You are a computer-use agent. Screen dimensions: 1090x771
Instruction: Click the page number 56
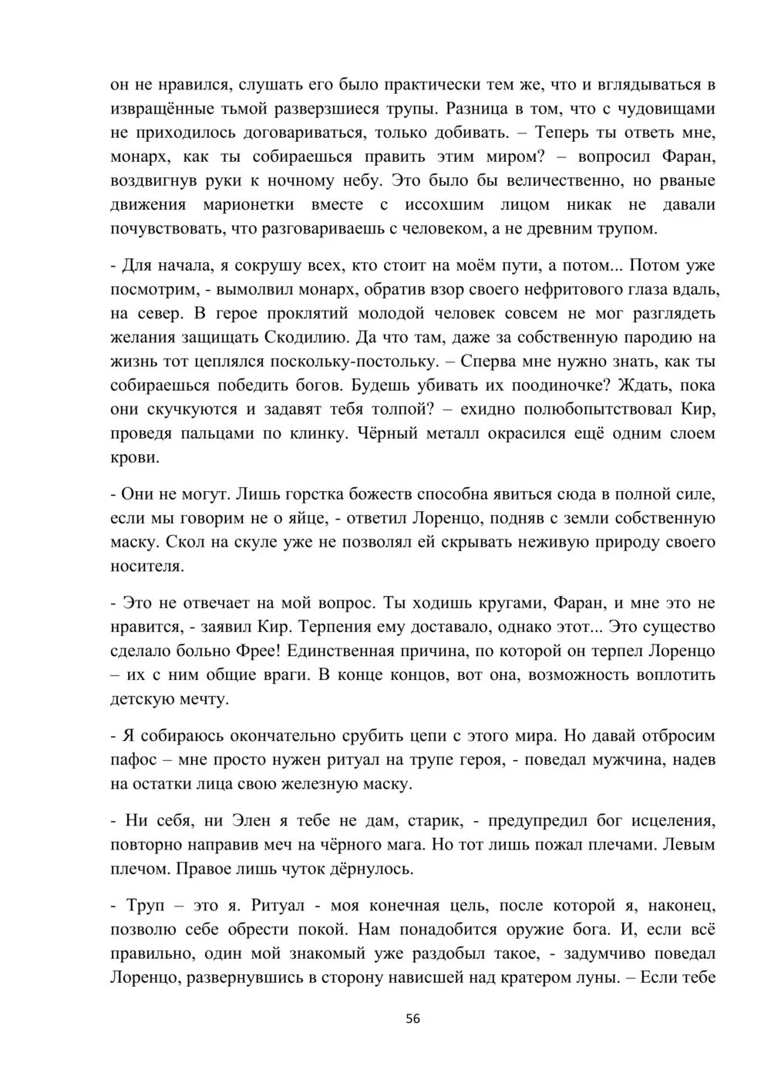413,1018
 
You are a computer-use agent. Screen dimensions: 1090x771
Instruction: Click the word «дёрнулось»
370,869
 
